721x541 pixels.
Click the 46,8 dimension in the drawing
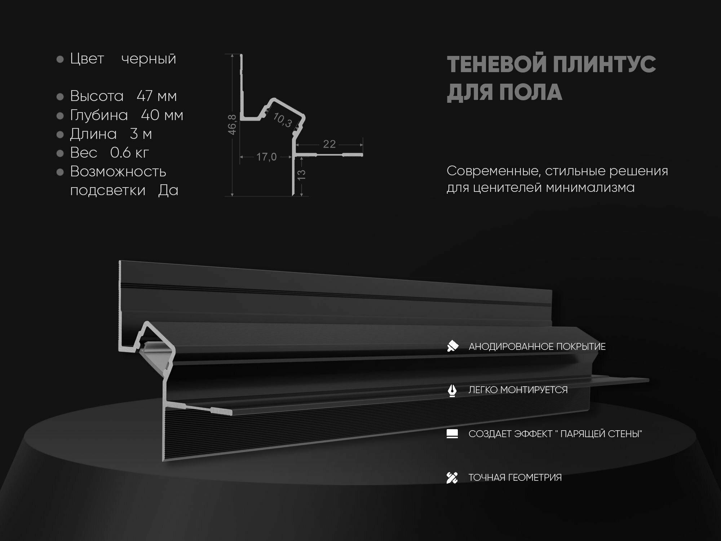click(x=233, y=124)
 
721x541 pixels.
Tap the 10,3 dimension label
click(x=282, y=120)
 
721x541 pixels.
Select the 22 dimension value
click(x=329, y=144)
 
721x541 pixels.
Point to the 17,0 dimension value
click(x=266, y=157)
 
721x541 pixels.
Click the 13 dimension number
click(x=301, y=175)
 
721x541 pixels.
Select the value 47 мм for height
click(x=157, y=96)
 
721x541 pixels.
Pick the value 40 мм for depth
click(x=162, y=115)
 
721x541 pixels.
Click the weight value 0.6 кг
click(x=129, y=153)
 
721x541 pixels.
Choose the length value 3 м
click(x=141, y=134)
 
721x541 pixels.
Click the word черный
click(x=149, y=59)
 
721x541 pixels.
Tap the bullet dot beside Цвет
click(x=60, y=59)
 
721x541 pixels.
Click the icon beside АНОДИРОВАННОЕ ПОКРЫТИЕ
click(x=452, y=346)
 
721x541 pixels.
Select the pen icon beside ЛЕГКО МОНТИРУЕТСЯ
click(x=452, y=390)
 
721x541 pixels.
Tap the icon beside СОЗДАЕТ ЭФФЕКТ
click(x=452, y=434)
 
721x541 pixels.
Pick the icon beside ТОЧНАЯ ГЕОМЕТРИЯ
click(x=452, y=478)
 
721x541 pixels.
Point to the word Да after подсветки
click(x=168, y=190)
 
